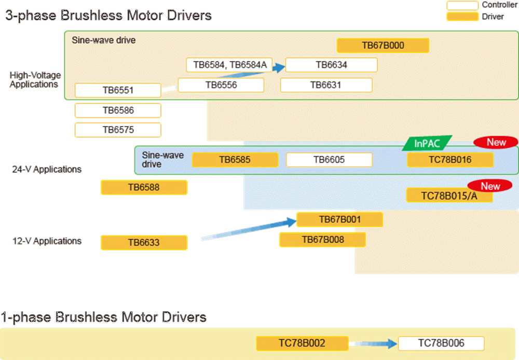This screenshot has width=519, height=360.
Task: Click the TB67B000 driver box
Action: pos(383,46)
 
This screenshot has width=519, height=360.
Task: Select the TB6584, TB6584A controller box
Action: pos(229,65)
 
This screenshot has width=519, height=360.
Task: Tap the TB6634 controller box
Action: pos(331,65)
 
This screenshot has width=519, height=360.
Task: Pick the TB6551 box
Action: pos(118,90)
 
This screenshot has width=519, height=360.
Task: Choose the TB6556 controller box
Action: pos(221,85)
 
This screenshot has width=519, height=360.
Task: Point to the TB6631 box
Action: pos(326,85)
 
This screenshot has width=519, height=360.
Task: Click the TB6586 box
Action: pos(118,110)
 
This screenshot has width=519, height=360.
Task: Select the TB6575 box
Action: pos(118,130)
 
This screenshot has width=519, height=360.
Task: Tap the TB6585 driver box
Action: pos(235,160)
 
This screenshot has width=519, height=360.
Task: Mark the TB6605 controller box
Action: pos(329,160)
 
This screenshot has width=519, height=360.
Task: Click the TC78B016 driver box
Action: pos(450,160)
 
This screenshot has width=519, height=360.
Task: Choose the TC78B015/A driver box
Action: pos(449,195)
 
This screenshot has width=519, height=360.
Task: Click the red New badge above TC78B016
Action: pos(496,142)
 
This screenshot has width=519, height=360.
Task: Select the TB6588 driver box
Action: pos(144,187)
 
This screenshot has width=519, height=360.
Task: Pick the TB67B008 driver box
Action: pos(322,240)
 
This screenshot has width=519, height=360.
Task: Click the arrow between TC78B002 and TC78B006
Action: pos(372,343)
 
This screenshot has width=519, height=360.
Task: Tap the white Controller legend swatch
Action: pos(462,6)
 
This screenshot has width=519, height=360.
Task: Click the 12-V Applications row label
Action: pos(47,241)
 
